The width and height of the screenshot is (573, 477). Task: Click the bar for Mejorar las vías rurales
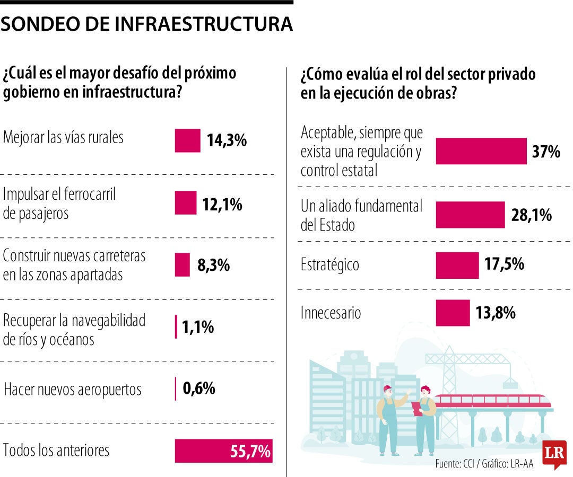point(187,140)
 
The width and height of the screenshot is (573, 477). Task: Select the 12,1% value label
point(222,205)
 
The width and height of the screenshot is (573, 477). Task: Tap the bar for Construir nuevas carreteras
point(182,265)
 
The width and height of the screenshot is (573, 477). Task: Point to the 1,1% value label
point(198,327)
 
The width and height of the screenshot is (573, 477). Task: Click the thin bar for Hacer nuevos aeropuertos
point(176,389)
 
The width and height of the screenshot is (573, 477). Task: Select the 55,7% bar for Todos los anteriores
point(223,451)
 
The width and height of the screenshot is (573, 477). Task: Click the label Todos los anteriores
point(56,450)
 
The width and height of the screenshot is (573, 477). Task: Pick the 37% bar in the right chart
point(481,151)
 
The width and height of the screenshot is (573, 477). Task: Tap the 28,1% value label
point(532,215)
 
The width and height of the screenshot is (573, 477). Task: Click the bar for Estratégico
point(457,265)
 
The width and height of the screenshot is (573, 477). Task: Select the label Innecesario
point(331,313)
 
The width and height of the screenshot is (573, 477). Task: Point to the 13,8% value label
point(496,313)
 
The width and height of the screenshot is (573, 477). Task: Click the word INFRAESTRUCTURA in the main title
point(203,24)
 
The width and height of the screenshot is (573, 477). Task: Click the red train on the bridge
point(491,401)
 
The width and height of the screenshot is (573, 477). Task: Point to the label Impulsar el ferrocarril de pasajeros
point(59,204)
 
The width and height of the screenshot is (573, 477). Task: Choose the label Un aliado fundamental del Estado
point(361,215)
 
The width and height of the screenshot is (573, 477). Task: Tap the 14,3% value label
point(227,140)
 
